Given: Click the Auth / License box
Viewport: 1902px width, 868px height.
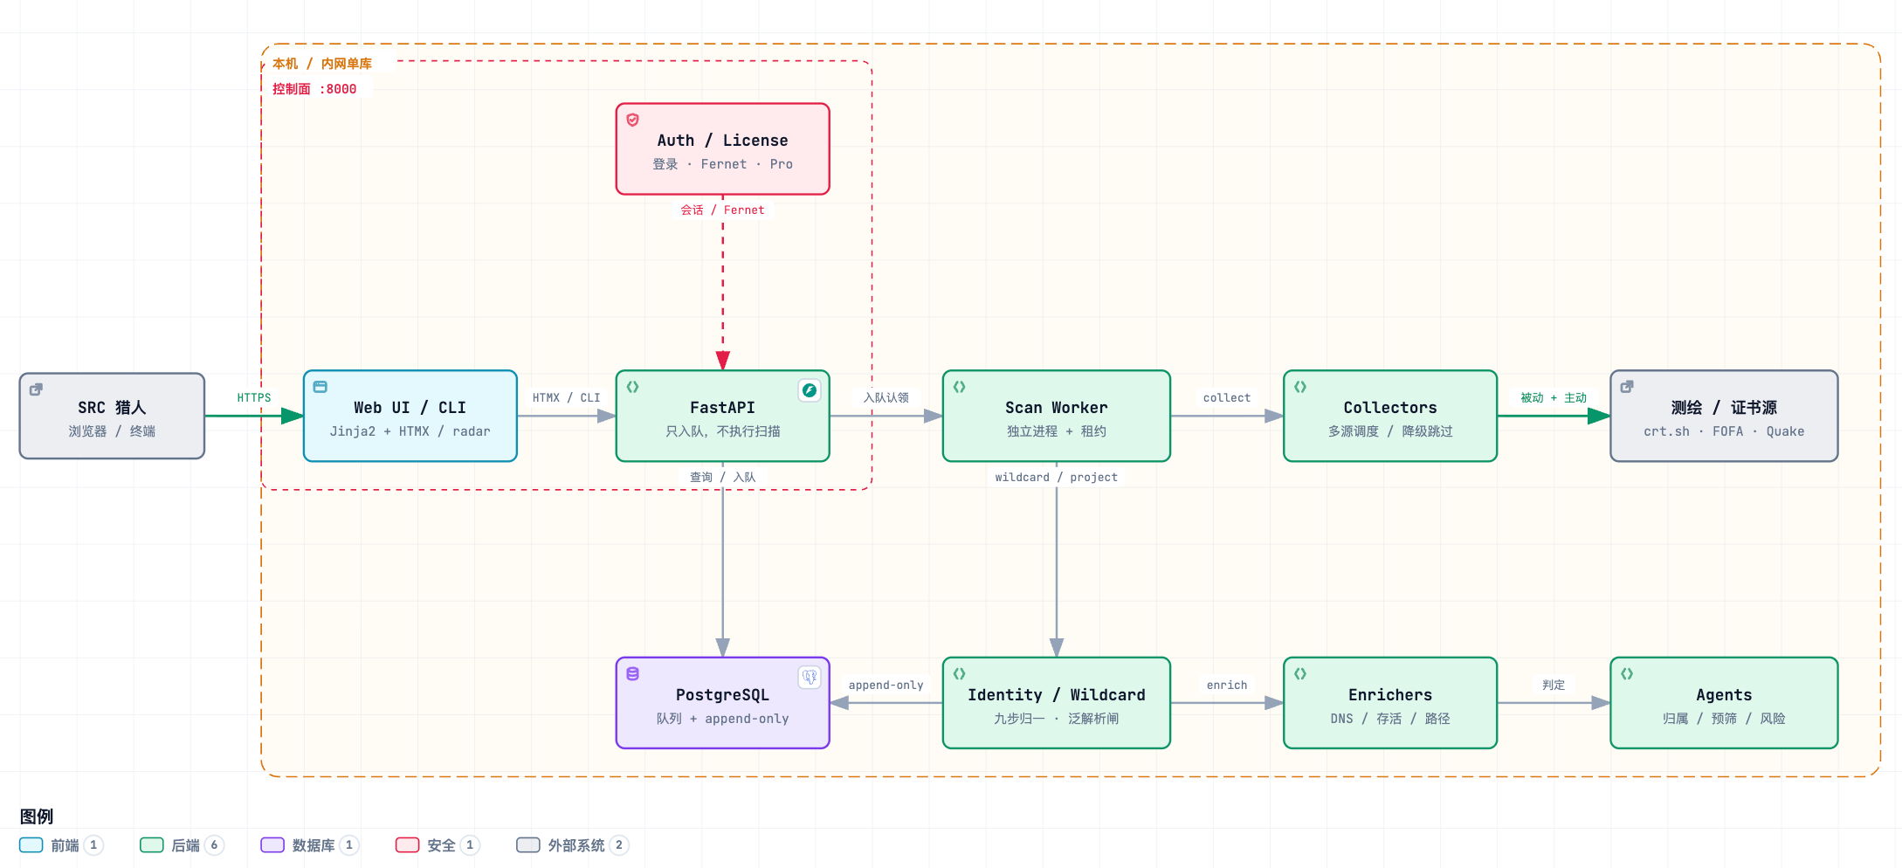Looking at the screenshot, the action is (722, 148).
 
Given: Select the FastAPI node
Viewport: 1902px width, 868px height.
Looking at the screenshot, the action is (722, 416).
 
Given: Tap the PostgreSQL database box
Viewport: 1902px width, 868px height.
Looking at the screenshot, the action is (722, 703).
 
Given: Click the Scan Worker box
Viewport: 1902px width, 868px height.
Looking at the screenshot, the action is (1056, 416).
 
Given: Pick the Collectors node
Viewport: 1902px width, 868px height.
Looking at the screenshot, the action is (1390, 416).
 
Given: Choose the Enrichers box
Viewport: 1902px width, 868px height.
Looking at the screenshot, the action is (1390, 703).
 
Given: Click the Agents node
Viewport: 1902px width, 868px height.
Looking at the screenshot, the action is (1724, 703).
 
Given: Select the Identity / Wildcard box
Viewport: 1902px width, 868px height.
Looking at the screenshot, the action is (1056, 703).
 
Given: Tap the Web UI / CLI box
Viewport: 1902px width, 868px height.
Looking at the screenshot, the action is (410, 416).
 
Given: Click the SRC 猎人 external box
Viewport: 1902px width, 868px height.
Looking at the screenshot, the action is (112, 416).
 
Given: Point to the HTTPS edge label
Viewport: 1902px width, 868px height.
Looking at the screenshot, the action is (254, 398).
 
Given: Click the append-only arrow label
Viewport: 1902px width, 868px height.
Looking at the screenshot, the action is (886, 685).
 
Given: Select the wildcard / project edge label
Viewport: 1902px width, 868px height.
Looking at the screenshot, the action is (1056, 478).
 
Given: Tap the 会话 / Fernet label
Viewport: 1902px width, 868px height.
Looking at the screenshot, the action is (722, 210).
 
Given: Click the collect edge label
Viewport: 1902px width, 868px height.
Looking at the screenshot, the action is (1226, 398).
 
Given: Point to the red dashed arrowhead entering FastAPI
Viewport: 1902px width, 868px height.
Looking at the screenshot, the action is (722, 361).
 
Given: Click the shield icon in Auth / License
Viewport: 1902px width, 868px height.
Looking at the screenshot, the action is (633, 120).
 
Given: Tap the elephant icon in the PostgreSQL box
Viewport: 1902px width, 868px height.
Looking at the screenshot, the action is (810, 677).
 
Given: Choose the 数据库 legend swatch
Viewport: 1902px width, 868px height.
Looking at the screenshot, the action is (272, 845).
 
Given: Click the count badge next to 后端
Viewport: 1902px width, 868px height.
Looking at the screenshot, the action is (214, 845).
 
